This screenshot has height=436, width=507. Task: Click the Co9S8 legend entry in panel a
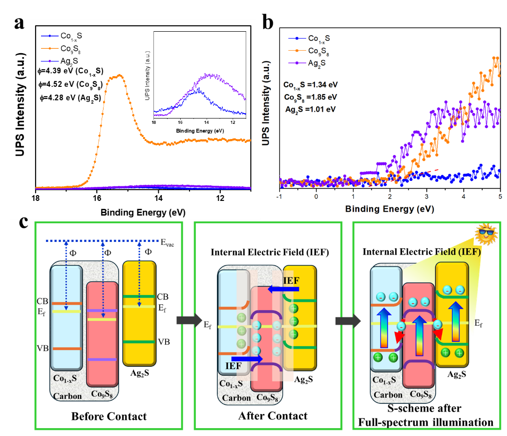(x=61, y=49)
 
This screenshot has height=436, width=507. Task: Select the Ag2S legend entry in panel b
(x=307, y=63)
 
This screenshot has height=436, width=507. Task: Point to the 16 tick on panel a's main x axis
(x=97, y=198)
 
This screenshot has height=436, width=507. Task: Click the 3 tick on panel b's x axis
(x=426, y=197)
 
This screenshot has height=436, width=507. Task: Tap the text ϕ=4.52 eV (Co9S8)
(x=70, y=85)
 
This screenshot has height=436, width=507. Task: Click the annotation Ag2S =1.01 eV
(x=311, y=110)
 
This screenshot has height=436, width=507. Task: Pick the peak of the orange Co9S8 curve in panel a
(x=120, y=75)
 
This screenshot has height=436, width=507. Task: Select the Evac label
(x=168, y=242)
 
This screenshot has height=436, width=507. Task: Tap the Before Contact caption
(x=109, y=416)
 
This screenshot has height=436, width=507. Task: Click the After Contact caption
(x=273, y=416)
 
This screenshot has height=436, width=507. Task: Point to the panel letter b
(x=268, y=22)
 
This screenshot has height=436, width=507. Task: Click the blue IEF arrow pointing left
(x=283, y=289)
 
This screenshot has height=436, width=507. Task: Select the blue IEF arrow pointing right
(x=247, y=359)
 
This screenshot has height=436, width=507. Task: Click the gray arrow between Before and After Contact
(x=189, y=320)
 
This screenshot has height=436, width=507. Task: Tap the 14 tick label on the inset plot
(x=206, y=122)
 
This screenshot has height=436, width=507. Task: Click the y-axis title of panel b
(x=266, y=103)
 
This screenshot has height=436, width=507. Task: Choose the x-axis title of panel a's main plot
(x=143, y=213)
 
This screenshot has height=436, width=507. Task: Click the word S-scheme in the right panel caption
(x=407, y=408)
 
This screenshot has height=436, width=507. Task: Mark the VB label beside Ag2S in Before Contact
(x=164, y=342)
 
